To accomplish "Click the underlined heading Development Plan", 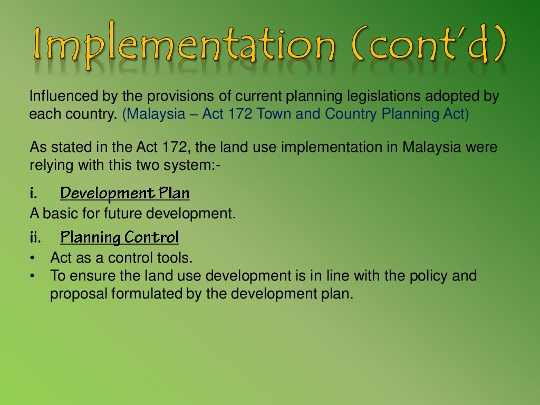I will pyautogui.click(x=125, y=194).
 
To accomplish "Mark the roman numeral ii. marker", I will pyautogui.click(x=35, y=237).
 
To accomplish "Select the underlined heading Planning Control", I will pyautogui.click(x=120, y=238).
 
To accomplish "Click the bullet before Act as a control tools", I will pyautogui.click(x=33, y=258).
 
